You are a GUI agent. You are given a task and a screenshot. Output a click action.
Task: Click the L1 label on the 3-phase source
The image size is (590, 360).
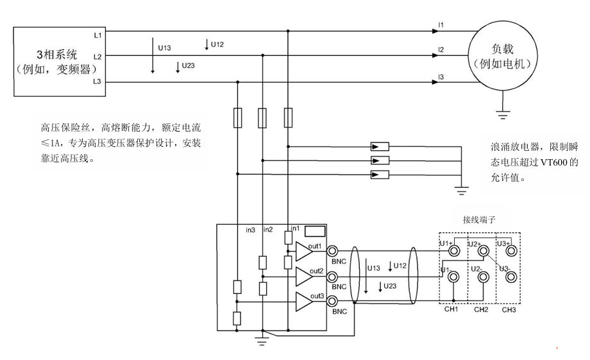97,35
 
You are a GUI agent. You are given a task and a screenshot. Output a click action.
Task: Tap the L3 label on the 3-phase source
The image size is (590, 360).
97,81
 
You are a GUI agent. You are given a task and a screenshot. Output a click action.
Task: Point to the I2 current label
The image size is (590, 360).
441,49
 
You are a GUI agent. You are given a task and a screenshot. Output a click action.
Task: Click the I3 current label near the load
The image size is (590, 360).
441,76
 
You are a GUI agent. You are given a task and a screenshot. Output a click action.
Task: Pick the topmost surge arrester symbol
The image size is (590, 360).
380,146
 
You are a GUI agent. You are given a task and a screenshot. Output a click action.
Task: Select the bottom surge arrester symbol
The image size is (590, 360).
380,175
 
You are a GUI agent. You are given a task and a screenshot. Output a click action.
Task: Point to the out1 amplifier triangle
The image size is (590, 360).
303,251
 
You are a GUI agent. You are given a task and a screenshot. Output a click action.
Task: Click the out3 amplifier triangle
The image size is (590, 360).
303,301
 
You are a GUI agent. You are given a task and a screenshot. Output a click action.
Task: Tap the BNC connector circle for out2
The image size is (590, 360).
333,277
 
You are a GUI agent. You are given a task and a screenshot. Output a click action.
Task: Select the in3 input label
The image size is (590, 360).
251,230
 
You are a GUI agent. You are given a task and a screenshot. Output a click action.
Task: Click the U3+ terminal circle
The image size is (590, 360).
510,251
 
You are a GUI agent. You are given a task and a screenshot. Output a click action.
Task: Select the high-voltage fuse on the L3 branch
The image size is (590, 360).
238,118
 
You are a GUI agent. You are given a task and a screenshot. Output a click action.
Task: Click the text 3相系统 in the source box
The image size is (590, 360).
56,53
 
